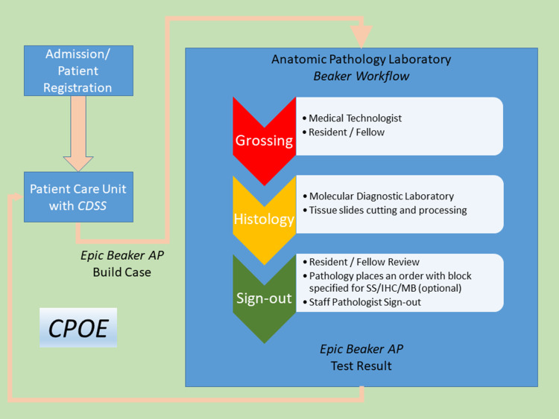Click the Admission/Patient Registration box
point(78,71)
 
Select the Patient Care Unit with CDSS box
point(78,197)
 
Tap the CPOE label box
point(78,327)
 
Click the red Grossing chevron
point(264,141)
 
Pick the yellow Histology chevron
point(264,220)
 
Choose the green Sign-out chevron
point(264,298)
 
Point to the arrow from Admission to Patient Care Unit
point(78,134)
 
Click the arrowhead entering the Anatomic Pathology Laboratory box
point(361,36)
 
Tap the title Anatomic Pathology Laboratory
point(361,59)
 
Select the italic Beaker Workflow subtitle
point(361,76)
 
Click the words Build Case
point(122,272)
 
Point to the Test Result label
point(361,366)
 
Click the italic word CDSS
point(92,206)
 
